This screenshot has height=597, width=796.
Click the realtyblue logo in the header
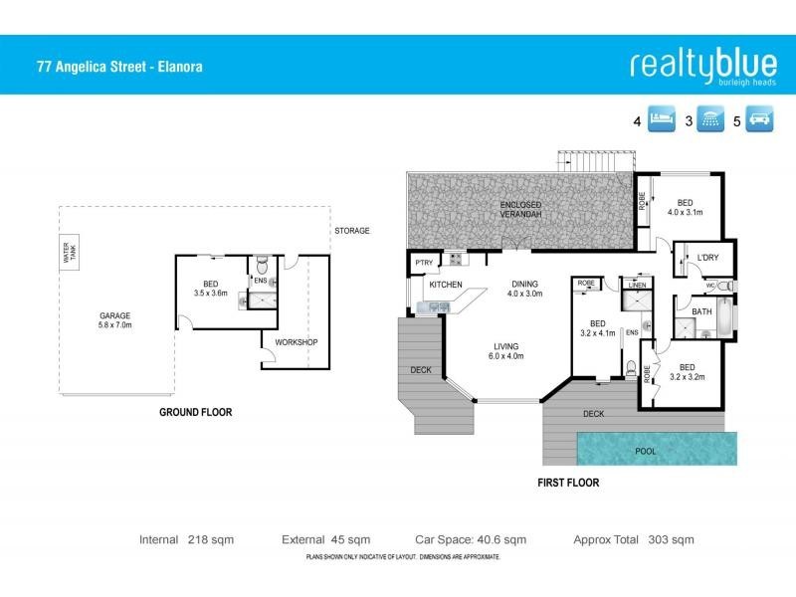(702, 65)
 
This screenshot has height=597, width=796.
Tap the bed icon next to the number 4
(663, 121)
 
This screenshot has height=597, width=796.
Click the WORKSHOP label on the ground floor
(297, 343)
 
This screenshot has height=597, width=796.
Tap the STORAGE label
(351, 231)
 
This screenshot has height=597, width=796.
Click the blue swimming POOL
(657, 450)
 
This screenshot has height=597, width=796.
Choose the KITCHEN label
(445, 286)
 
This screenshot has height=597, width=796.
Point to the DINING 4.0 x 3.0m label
(523, 289)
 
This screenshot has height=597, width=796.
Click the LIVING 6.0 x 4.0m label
(507, 350)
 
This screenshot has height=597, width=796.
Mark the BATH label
(702, 312)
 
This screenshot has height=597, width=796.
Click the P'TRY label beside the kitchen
(419, 264)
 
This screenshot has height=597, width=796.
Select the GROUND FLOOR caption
(196, 412)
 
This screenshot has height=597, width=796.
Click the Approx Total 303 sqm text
(634, 539)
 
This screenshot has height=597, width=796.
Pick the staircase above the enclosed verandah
(593, 160)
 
